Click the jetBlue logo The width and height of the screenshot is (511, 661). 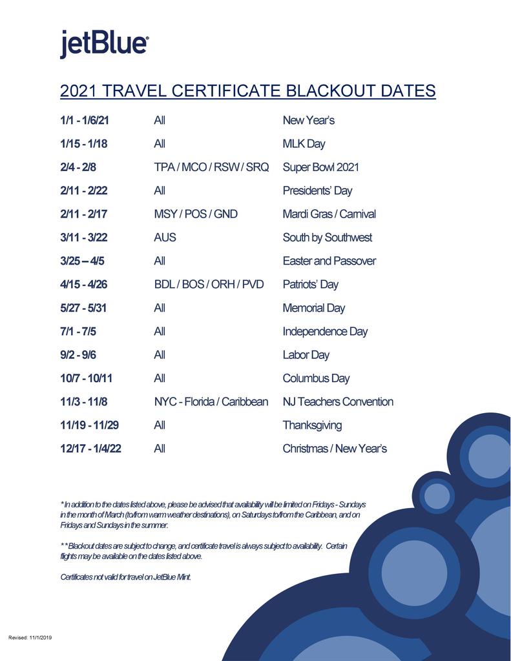coord(105,44)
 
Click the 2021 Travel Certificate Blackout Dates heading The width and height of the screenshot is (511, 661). coord(247,91)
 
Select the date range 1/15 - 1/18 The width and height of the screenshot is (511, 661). coord(84,144)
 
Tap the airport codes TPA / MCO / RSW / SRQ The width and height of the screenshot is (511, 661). coord(211,167)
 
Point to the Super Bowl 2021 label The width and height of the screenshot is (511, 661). coord(320,167)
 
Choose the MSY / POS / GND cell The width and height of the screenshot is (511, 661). coord(195,214)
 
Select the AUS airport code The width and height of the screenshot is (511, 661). coord(165,238)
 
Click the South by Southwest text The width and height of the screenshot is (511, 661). coord(327,238)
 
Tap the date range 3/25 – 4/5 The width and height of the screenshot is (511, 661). coord(81,261)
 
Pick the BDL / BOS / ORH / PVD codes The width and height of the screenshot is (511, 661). coord(209,285)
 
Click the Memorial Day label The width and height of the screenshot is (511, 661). coord(313,308)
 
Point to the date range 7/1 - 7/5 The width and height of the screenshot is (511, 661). coord(78,331)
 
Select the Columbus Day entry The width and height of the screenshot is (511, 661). coord(316,378)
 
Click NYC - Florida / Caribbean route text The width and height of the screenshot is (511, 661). coord(211,402)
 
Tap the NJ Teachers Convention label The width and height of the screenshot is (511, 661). coord(338,402)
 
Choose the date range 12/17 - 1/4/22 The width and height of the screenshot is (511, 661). coord(90,449)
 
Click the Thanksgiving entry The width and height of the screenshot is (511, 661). coord(312,425)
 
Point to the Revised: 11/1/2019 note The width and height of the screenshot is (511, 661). coord(30,638)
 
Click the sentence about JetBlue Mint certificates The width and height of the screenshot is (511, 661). coord(125,577)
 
